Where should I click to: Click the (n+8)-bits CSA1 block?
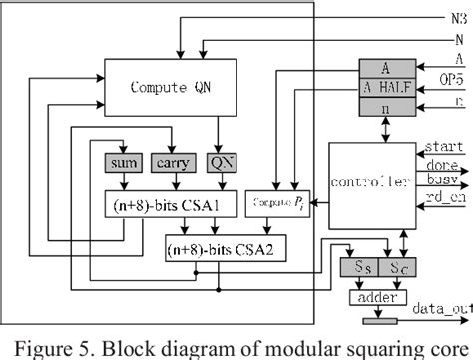pos(162,207)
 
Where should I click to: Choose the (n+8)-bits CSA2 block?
pos(227,243)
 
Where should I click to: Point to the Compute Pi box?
pos(279,202)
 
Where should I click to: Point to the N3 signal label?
pos(457,18)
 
